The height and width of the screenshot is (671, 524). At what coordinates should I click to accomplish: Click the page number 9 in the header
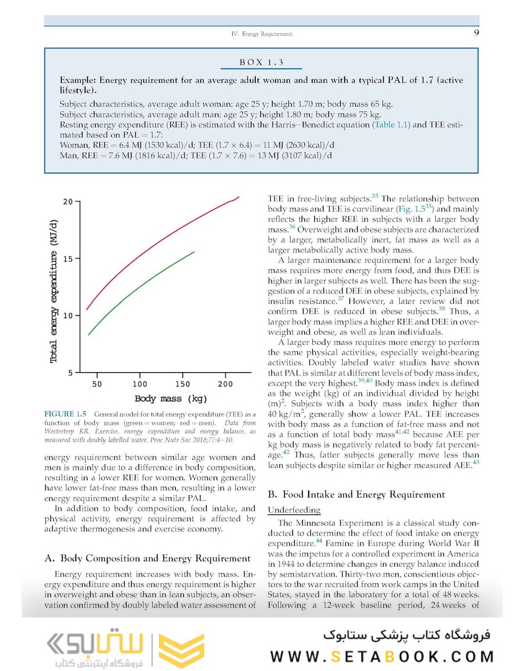(475, 34)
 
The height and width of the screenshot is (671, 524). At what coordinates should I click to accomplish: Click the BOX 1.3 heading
(261, 63)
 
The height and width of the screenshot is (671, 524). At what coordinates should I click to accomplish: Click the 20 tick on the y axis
(68, 202)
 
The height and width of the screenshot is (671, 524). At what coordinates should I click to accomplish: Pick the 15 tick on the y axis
(68, 258)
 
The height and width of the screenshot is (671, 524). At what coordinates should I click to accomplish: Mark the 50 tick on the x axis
(97, 384)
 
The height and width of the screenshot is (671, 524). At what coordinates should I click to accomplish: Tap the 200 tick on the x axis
(225, 384)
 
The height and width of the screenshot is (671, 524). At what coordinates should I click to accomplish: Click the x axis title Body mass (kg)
(171, 398)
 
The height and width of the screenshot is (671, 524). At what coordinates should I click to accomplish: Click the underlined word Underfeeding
(294, 510)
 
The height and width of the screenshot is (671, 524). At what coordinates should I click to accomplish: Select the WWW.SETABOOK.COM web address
(382, 656)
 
